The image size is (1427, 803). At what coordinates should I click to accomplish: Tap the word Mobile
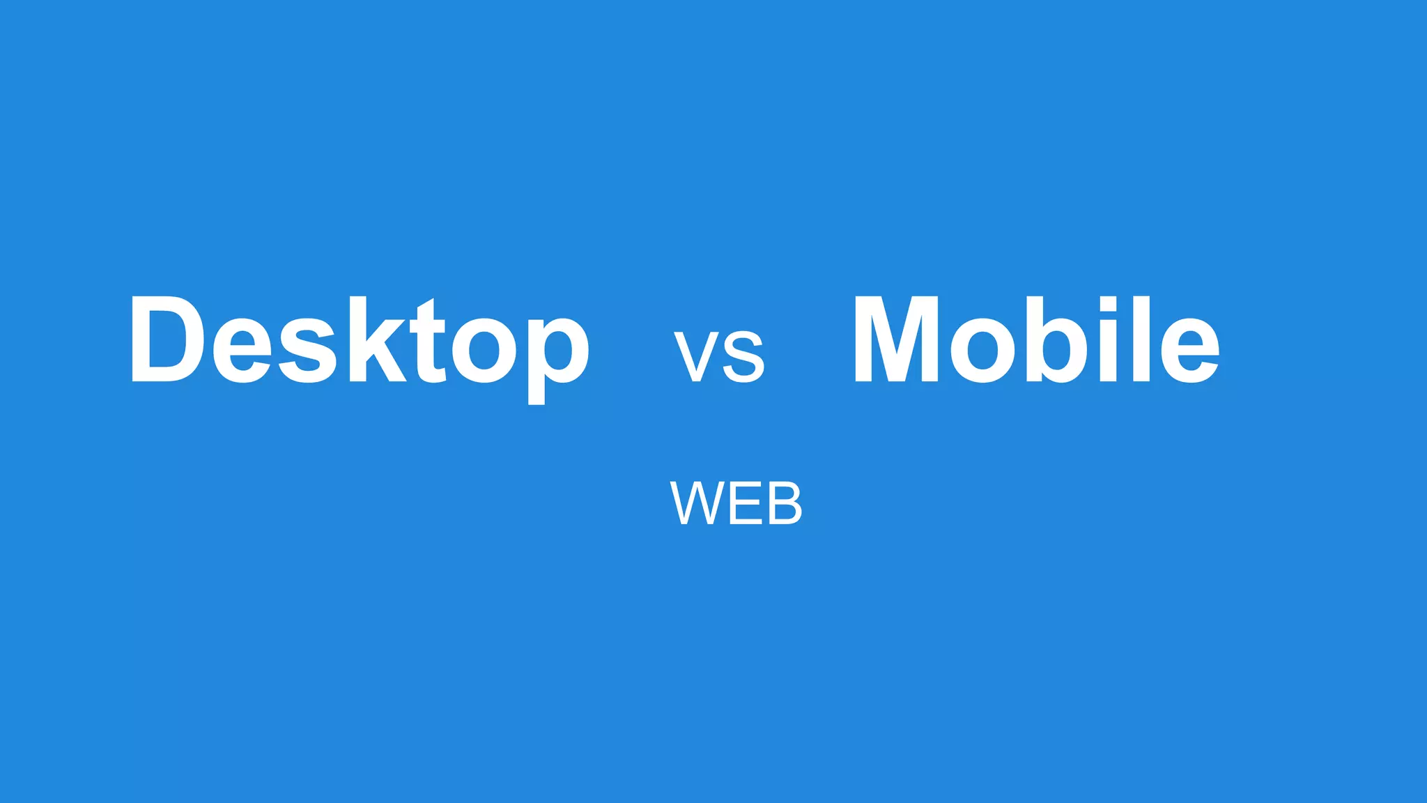coord(1036,339)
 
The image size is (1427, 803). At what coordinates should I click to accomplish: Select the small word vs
coord(719,355)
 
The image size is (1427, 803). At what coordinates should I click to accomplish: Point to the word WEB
coord(736,503)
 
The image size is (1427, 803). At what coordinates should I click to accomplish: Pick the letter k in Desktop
coord(377,339)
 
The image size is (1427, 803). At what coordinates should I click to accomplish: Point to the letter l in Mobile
coord(1141,339)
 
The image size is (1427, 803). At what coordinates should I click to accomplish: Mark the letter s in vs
coord(743,356)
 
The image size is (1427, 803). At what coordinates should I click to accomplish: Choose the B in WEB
coord(785,503)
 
